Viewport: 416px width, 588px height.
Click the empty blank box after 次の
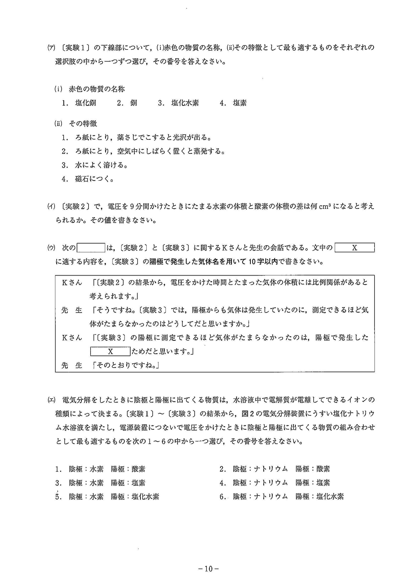coord(91,248)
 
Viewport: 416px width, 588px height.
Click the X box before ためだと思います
coord(110,352)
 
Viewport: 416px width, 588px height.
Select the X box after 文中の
coord(354,248)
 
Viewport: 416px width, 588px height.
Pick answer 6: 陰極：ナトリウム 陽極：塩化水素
coord(282,497)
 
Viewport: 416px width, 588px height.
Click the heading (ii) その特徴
coord(76,124)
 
